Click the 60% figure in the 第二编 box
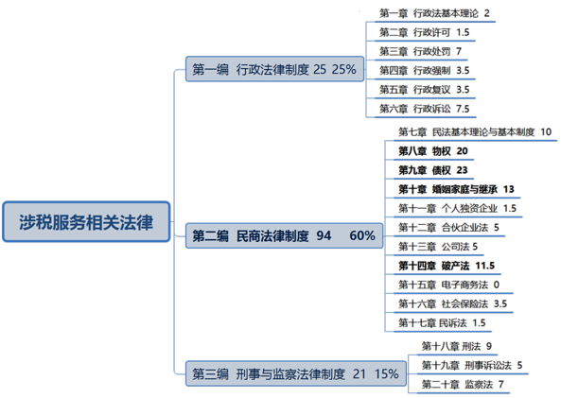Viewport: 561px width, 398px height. [x=362, y=234]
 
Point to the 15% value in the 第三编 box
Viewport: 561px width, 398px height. [x=386, y=373]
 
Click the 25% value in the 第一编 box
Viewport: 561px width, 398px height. [x=343, y=69]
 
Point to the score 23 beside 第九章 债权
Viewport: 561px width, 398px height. [x=462, y=169]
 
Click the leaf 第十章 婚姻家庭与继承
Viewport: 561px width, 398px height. [x=454, y=188]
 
